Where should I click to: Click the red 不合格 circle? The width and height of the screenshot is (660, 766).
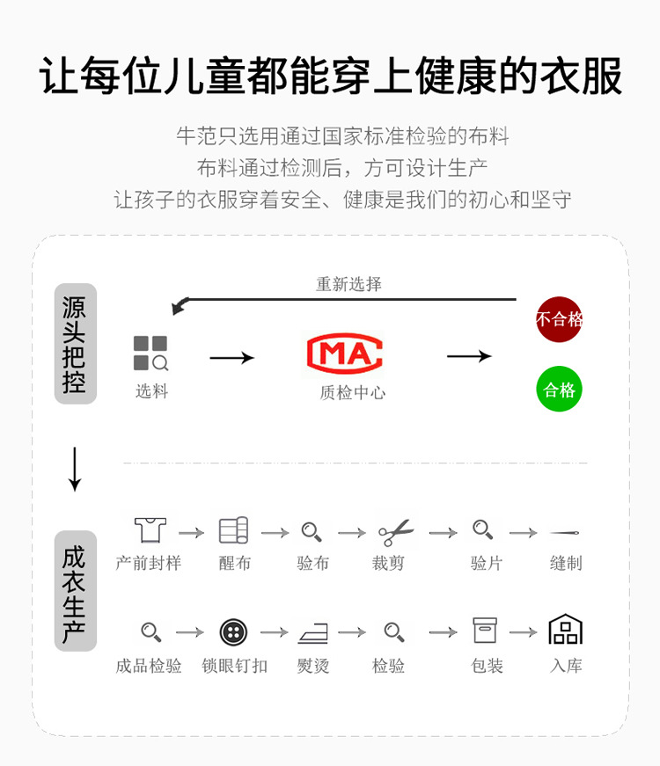(x=560, y=319)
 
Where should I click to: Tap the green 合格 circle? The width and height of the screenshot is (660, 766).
(x=560, y=390)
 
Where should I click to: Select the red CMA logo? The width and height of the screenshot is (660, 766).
(x=344, y=352)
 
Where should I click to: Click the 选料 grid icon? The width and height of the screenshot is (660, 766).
(x=150, y=353)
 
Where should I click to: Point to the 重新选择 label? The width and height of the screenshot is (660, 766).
(x=348, y=284)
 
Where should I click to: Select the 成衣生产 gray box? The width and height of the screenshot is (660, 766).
(x=75, y=591)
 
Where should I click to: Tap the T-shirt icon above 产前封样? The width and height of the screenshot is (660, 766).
(x=150, y=530)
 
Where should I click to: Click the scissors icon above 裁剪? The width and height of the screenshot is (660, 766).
(x=395, y=532)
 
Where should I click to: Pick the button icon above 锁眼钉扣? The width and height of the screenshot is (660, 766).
(x=233, y=631)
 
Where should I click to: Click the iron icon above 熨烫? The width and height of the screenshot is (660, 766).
(x=312, y=632)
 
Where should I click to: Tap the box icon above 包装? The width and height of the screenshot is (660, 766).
(x=485, y=631)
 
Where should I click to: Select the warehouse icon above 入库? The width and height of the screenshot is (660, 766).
(x=566, y=630)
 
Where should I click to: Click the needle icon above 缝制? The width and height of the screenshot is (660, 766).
(x=565, y=532)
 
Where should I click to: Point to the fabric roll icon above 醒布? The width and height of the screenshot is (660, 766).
(x=233, y=531)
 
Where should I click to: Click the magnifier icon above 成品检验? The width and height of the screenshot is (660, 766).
(x=150, y=631)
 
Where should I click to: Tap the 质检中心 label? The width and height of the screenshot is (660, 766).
(x=352, y=393)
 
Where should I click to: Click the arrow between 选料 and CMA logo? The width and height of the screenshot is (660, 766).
(x=231, y=357)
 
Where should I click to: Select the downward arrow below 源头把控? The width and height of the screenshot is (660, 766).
(x=75, y=469)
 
